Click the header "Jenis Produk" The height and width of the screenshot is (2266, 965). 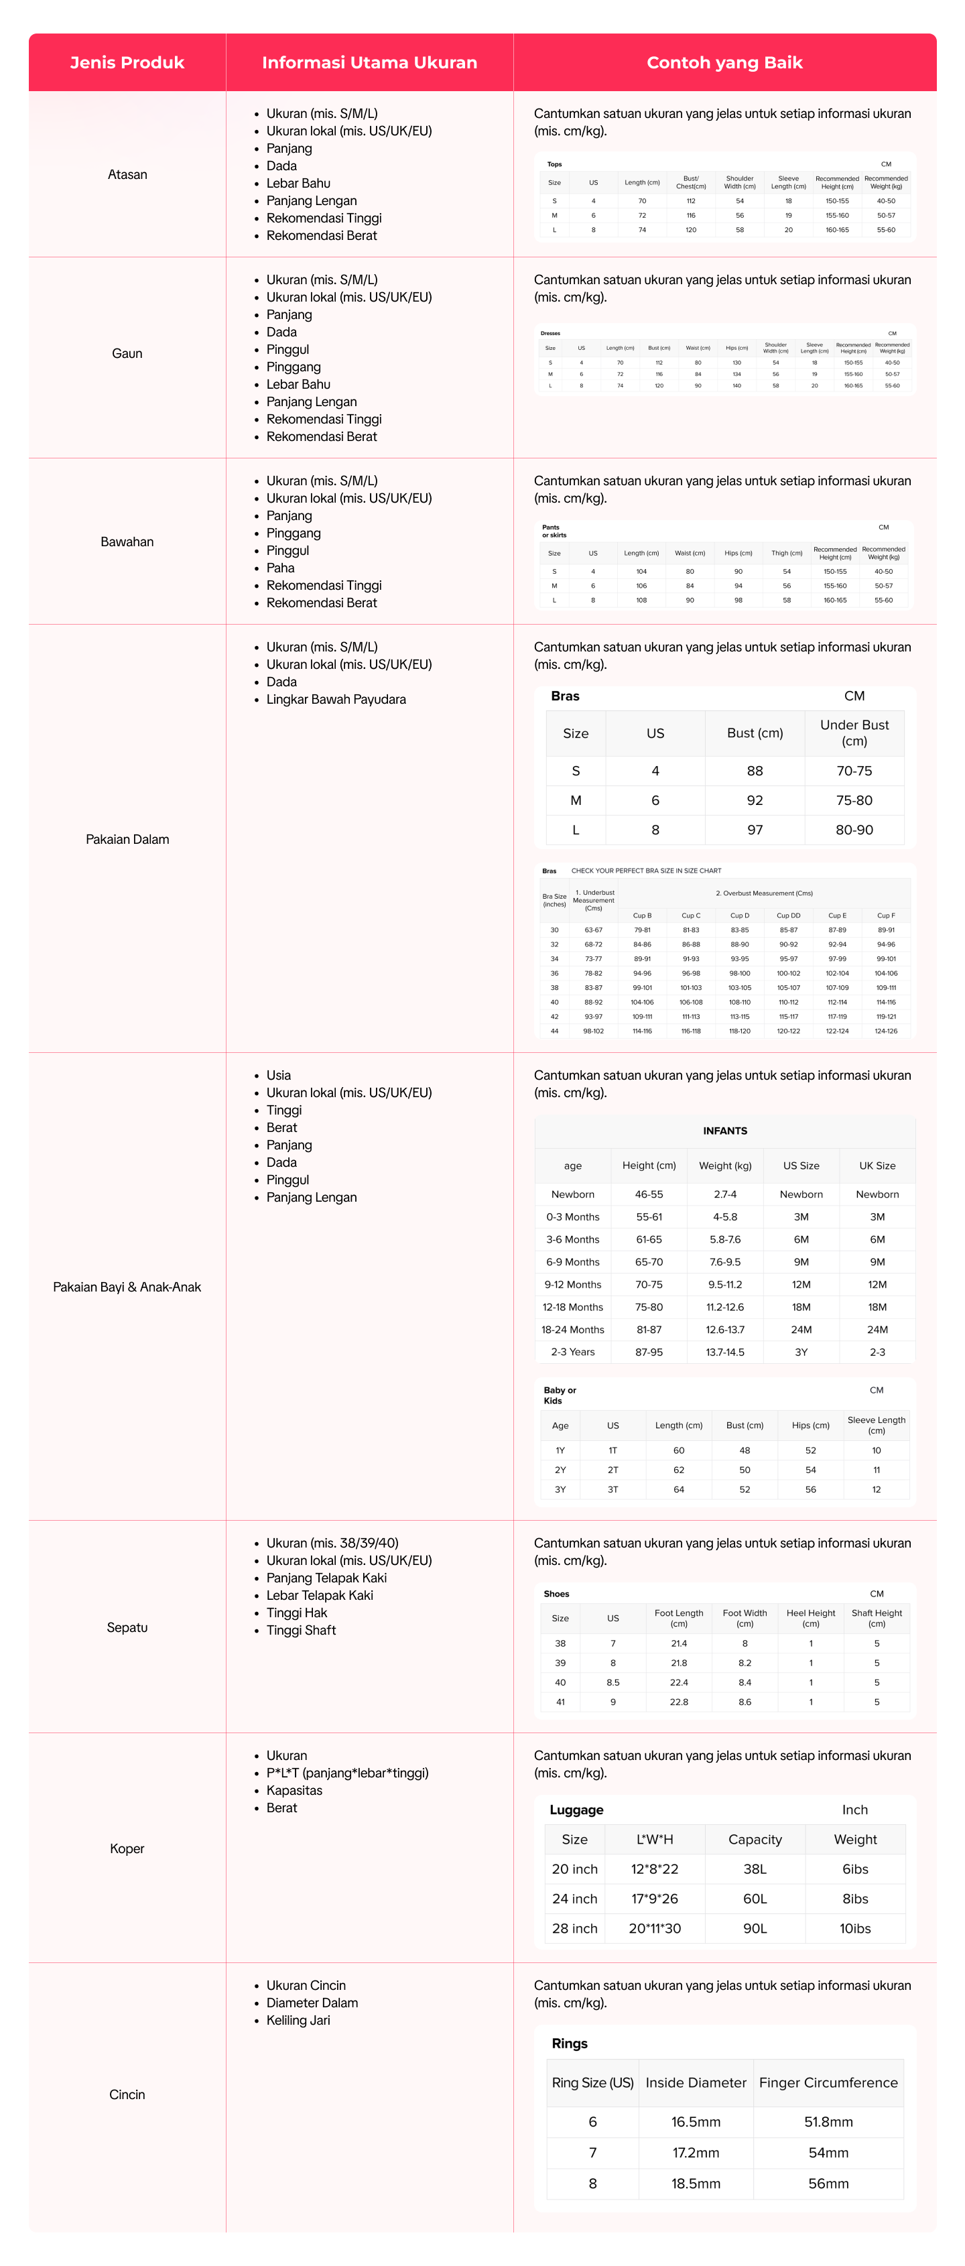tap(127, 62)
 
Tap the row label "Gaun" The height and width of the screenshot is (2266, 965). tap(127, 354)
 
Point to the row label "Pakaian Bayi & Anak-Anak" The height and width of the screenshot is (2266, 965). tap(127, 1287)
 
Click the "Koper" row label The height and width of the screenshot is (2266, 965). tap(127, 1848)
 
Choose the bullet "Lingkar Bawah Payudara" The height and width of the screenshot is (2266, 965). tap(336, 699)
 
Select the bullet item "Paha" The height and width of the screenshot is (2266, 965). tap(281, 568)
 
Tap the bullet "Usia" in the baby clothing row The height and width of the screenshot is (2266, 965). tap(279, 1075)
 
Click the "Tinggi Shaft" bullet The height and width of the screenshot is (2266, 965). tap(301, 1630)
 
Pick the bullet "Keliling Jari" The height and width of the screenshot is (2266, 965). tap(298, 2020)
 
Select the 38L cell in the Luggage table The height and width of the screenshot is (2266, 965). tap(755, 1869)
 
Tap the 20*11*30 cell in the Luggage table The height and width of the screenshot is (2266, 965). tap(655, 1928)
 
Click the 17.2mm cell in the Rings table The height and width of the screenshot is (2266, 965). tap(696, 2153)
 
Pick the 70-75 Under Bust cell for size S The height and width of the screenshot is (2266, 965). tap(854, 771)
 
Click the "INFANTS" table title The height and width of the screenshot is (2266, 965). tap(725, 1131)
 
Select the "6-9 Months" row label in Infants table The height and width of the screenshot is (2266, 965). tap(573, 1261)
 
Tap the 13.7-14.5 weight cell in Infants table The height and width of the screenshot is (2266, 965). tap(725, 1352)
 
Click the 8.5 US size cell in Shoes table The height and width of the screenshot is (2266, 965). tap(613, 1683)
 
